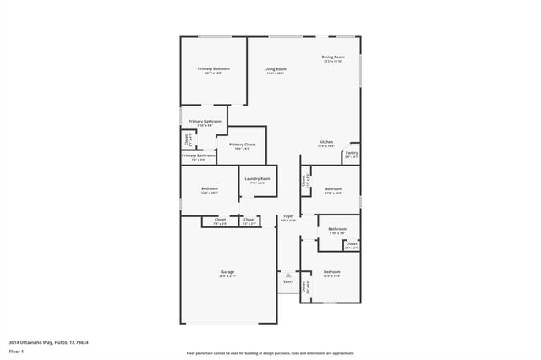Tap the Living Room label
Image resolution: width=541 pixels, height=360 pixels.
(275, 69)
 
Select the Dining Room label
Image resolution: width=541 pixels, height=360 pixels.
(332, 57)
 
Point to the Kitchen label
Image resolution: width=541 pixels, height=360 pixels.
(325, 141)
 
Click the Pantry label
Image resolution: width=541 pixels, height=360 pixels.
(351, 153)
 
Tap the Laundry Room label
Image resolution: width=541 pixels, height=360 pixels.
(258, 178)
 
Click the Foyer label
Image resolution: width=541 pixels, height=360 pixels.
(288, 216)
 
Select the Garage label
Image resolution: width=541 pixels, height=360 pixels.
(227, 271)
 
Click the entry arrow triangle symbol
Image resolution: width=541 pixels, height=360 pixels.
(288, 275)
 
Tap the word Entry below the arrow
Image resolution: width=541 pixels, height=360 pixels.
(288, 281)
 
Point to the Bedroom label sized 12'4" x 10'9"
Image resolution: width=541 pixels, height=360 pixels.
(210, 188)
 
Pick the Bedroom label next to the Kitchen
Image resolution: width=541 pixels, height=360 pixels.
(334, 188)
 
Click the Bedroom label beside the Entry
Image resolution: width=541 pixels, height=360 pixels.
(331, 271)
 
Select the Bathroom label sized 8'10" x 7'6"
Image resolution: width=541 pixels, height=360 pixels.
(337, 229)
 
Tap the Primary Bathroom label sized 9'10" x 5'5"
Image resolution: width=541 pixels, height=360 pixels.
(205, 121)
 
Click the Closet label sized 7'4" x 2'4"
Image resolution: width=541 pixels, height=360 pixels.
(220, 221)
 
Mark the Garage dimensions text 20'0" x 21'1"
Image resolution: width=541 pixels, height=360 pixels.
(227, 276)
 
